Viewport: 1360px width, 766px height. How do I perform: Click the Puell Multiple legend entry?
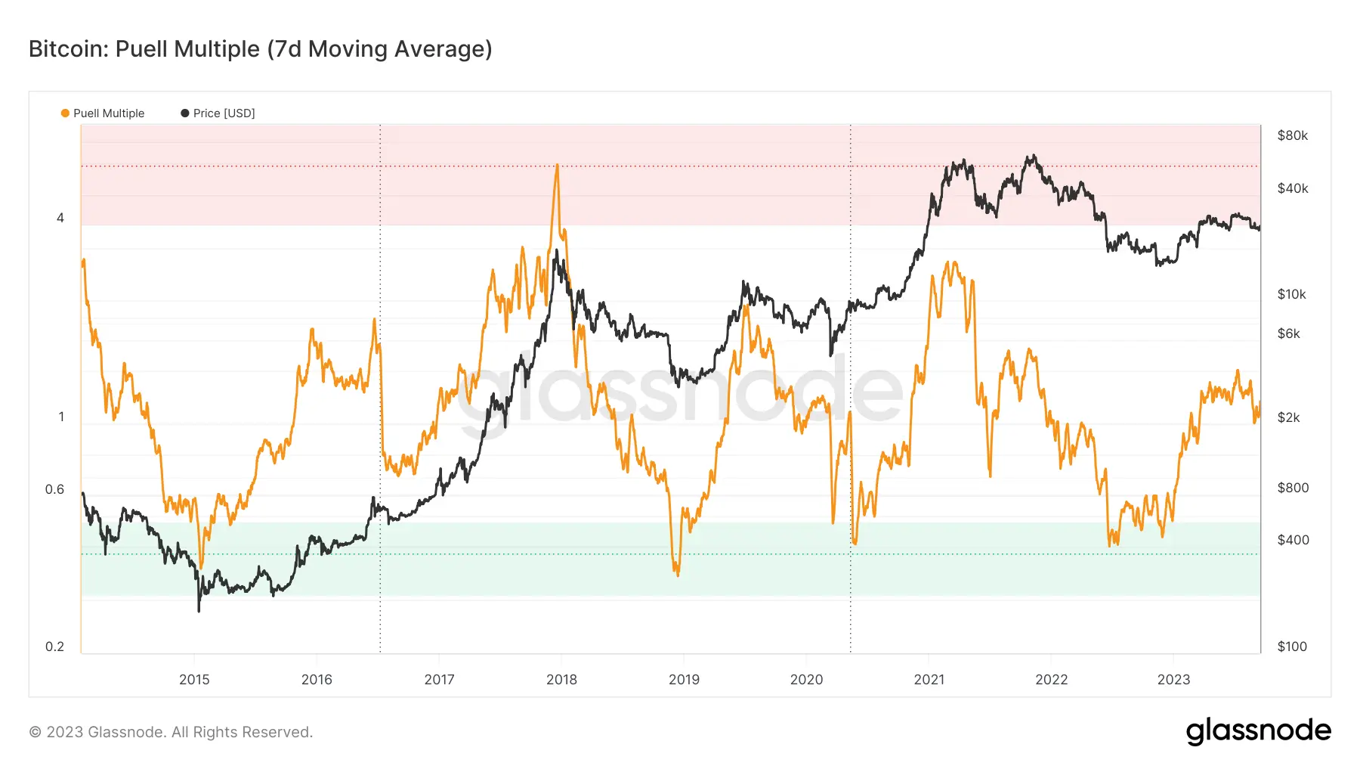click(x=103, y=113)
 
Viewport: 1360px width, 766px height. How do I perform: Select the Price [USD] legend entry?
click(x=218, y=113)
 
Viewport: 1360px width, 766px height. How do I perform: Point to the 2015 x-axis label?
click(x=194, y=679)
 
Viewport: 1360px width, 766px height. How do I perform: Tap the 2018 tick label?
click(x=561, y=679)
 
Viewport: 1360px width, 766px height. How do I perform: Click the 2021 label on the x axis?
click(x=929, y=679)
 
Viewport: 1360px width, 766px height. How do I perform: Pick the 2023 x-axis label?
click(x=1173, y=679)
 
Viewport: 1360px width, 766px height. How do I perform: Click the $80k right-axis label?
click(x=1293, y=135)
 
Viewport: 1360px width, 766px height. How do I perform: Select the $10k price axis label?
click(x=1292, y=294)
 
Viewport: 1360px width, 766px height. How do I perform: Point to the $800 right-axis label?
click(x=1293, y=488)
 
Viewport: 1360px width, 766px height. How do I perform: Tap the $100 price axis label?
click(x=1292, y=647)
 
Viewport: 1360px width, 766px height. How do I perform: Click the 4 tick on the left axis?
click(x=60, y=218)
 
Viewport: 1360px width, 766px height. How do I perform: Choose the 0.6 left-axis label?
click(x=54, y=489)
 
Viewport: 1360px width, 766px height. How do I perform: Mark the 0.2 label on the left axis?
click(x=54, y=647)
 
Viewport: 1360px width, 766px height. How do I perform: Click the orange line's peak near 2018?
click(x=557, y=164)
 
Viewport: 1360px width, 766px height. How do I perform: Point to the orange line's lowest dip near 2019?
click(x=678, y=575)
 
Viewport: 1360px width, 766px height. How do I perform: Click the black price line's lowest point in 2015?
click(x=199, y=611)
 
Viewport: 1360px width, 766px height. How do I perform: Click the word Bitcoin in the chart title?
click(x=69, y=49)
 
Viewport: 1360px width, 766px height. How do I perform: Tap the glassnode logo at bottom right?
click(x=1259, y=731)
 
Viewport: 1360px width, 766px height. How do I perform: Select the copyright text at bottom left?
click(x=171, y=732)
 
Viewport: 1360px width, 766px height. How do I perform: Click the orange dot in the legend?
click(x=65, y=113)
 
